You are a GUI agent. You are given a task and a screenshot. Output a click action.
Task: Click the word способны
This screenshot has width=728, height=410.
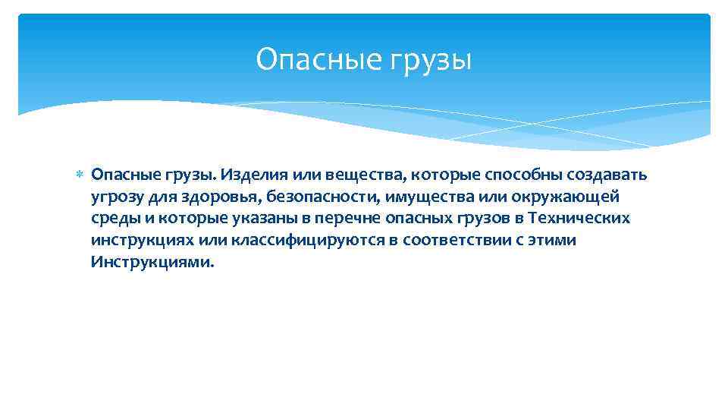tap(500, 175)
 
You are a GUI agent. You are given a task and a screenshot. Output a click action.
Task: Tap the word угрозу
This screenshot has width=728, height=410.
tap(114, 197)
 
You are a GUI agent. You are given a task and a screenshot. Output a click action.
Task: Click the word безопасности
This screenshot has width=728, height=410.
tap(324, 197)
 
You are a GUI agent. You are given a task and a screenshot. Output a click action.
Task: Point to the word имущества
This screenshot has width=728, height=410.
tap(422, 197)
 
